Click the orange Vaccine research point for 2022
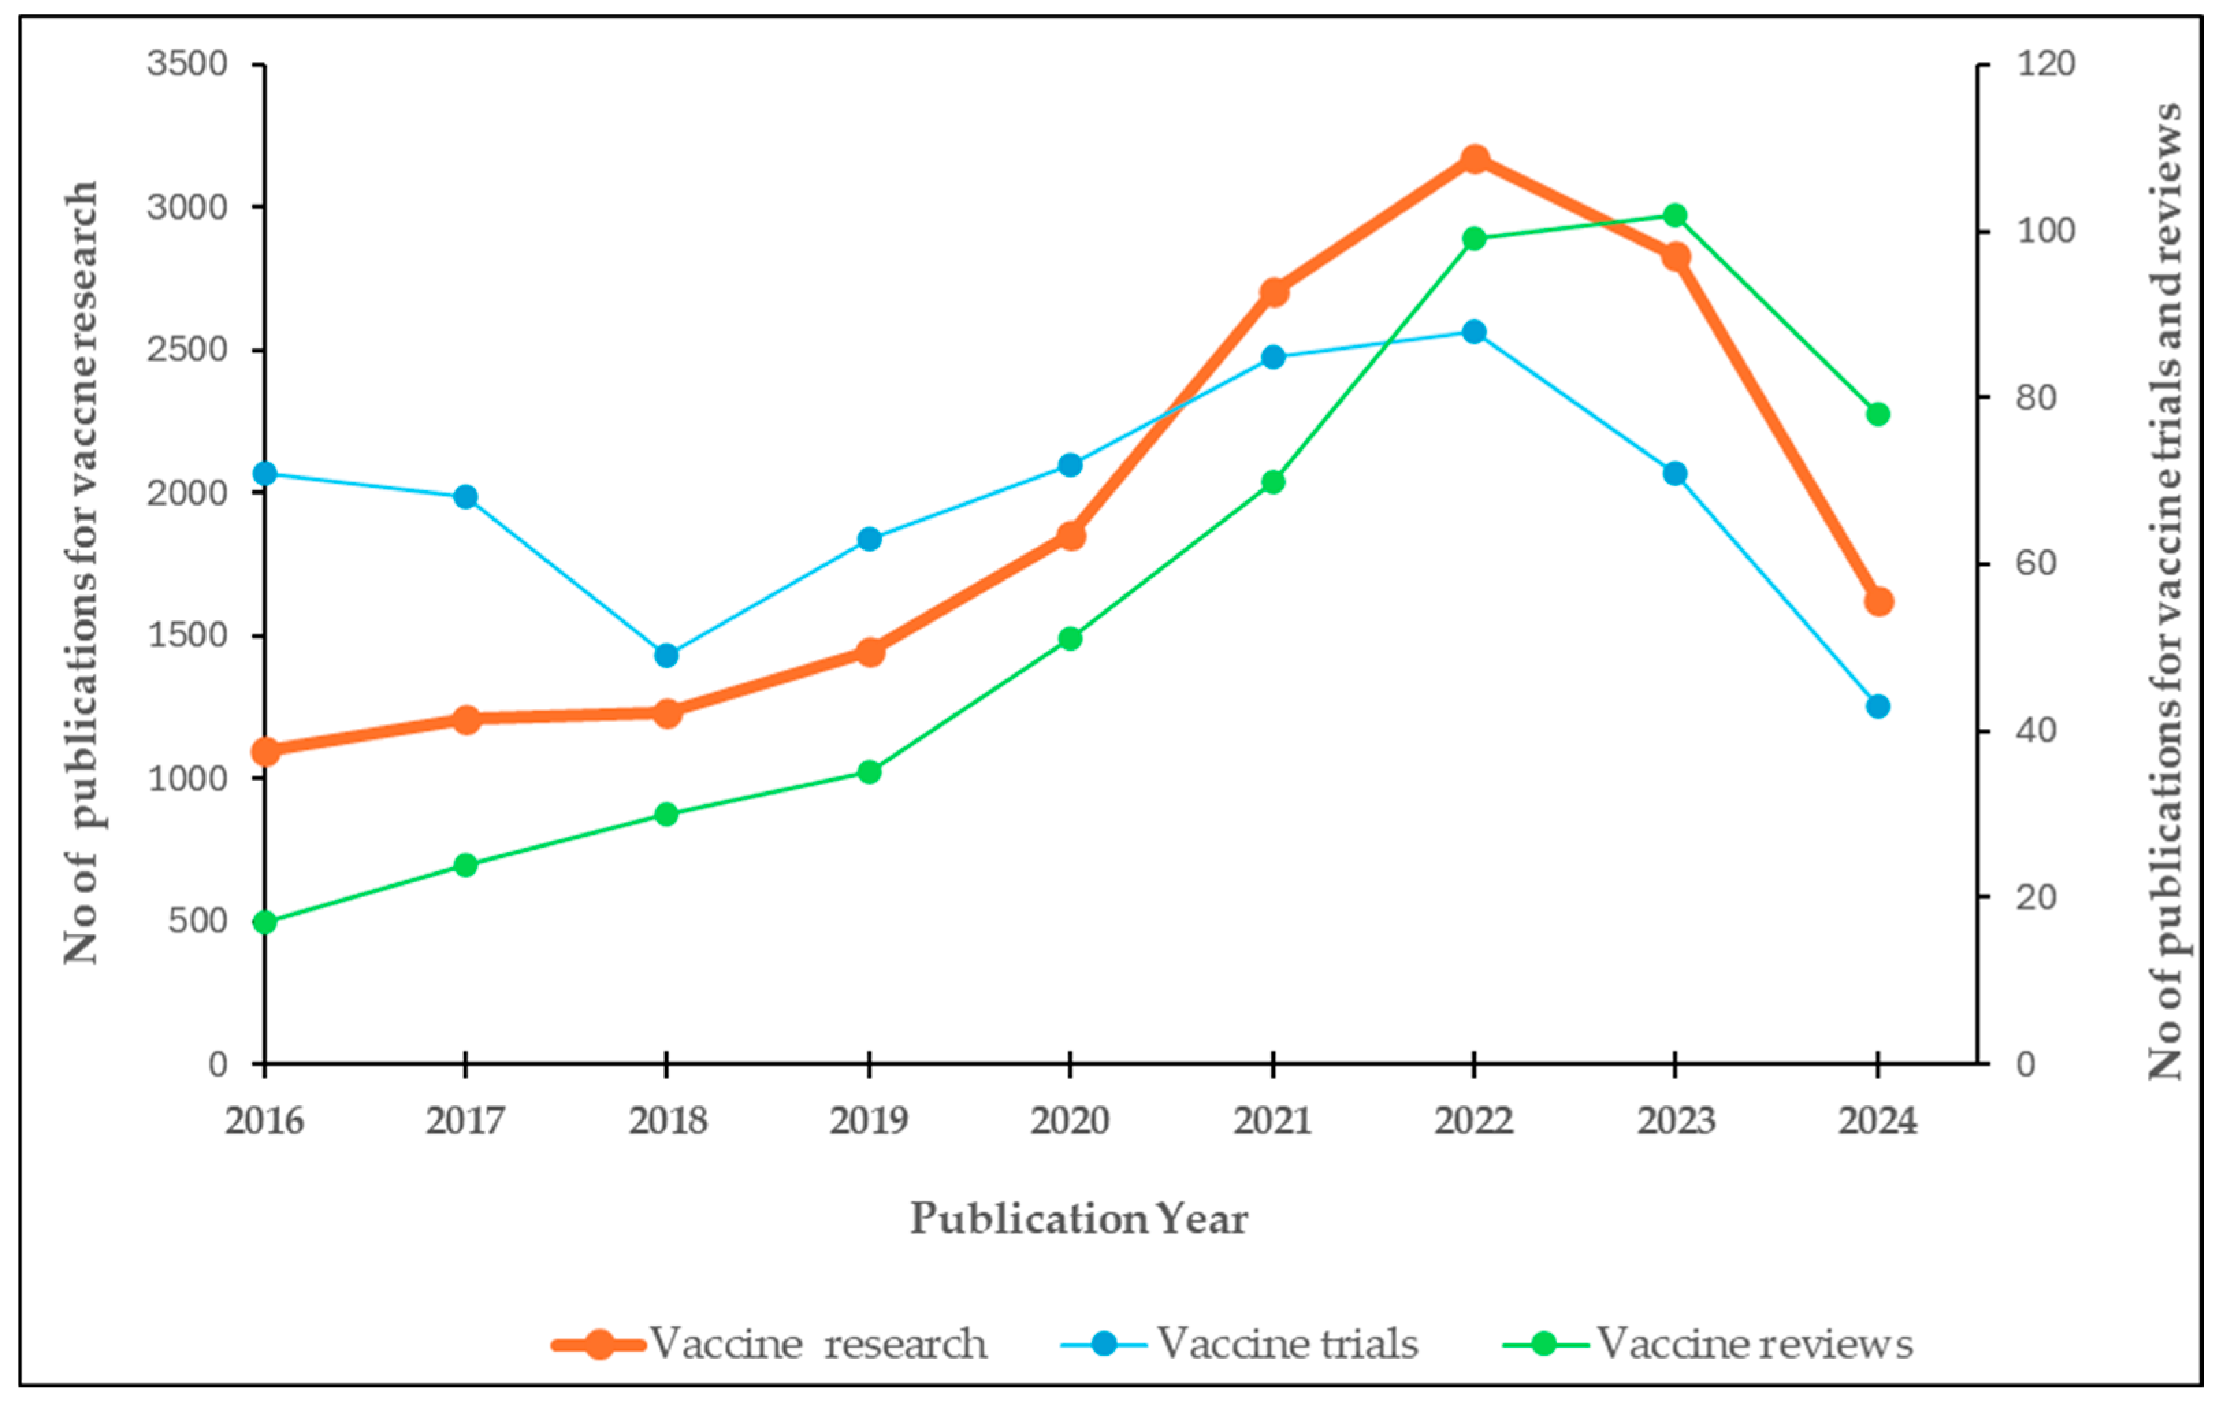(x=1475, y=159)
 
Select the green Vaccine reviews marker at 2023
(x=1675, y=215)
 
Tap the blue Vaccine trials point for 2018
(x=666, y=655)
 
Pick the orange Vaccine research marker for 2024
(x=1878, y=601)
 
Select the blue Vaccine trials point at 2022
(x=1475, y=331)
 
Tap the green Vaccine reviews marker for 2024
(x=1878, y=415)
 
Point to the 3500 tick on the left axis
(x=187, y=64)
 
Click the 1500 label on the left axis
(x=187, y=635)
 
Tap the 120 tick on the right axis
(x=2046, y=64)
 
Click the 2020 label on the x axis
(x=1069, y=1121)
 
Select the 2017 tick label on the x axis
(x=464, y=1121)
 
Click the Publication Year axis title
(x=1078, y=1219)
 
